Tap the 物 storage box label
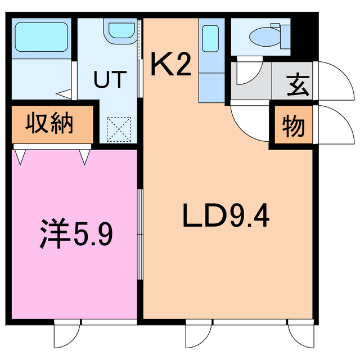293,127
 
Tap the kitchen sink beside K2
210,39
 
